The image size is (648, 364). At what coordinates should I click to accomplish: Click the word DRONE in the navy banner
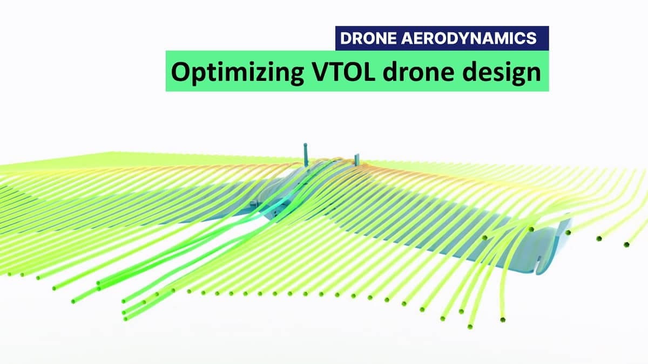(368, 38)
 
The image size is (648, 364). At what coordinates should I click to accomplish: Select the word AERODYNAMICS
(469, 38)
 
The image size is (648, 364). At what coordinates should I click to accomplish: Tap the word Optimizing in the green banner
(237, 73)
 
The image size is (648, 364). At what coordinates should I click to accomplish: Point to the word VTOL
(343, 71)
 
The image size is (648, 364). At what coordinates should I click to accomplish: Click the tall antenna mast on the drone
(305, 155)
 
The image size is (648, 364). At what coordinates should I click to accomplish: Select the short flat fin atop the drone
(357, 159)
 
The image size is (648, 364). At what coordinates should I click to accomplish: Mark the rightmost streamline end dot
(626, 245)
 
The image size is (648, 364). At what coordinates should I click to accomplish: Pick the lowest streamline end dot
(470, 327)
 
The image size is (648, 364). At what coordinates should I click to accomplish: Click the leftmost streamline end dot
(9, 274)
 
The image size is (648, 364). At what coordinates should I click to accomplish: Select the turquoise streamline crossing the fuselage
(278, 208)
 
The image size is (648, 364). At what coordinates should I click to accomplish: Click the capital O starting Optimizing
(181, 71)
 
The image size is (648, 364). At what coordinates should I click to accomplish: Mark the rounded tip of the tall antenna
(305, 144)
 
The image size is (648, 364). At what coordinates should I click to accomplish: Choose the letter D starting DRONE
(346, 38)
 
